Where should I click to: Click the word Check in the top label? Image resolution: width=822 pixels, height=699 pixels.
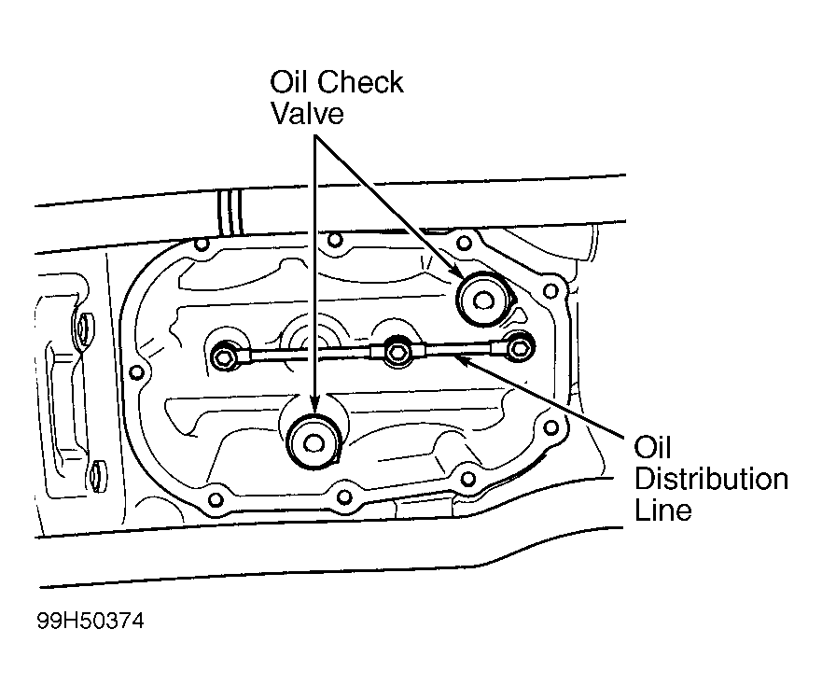[361, 82]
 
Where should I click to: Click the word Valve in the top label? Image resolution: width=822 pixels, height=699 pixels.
[307, 114]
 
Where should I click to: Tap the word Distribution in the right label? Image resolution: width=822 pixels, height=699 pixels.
[711, 480]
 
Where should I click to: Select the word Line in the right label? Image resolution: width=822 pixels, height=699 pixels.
[663, 510]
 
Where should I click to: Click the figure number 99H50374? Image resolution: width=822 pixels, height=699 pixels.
[91, 622]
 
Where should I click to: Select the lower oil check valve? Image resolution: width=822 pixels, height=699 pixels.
[314, 442]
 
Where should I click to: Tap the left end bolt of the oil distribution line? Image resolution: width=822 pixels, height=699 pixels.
[226, 357]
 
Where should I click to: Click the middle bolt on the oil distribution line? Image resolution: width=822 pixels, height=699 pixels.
[397, 351]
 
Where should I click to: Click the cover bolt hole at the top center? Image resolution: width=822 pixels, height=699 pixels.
[334, 240]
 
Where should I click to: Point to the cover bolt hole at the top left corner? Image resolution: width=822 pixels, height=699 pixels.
[201, 244]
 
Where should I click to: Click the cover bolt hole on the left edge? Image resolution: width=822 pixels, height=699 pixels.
[136, 373]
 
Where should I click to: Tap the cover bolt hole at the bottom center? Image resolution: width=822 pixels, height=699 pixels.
[344, 496]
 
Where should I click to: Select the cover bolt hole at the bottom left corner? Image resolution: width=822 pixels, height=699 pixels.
[216, 499]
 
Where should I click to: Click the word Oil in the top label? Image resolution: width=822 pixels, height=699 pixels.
[289, 82]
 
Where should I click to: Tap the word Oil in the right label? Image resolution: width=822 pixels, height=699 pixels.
[653, 448]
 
